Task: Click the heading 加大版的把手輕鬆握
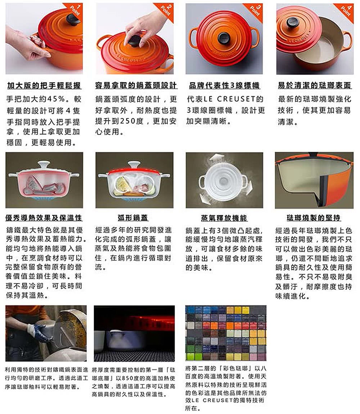(x=44, y=86)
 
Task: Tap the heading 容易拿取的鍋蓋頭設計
(x=136, y=86)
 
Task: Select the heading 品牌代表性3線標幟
(x=224, y=86)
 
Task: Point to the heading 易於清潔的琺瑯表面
(x=314, y=86)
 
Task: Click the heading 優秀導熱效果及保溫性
(x=44, y=218)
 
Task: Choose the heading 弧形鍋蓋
(x=133, y=218)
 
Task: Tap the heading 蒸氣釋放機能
(x=224, y=218)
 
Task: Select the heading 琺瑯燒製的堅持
(x=314, y=218)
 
